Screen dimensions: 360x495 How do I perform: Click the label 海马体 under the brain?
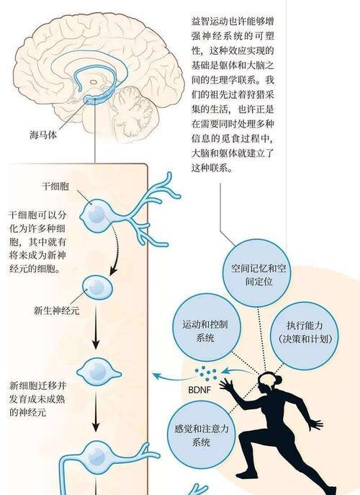pos(43,135)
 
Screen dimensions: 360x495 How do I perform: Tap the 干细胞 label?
pos(55,186)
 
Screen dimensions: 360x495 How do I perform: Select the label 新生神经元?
pos(56,311)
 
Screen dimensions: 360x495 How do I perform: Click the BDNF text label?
pos(199,390)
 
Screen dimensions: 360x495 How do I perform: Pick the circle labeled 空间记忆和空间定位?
pos(258,273)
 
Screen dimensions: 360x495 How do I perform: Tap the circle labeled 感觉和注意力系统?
pos(202,434)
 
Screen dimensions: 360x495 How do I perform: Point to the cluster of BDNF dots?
pos(206,373)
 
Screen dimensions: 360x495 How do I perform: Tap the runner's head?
pos(268,383)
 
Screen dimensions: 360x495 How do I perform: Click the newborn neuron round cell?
pos(97,287)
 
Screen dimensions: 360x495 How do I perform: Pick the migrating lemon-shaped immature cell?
pos(98,371)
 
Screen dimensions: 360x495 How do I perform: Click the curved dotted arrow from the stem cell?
pos(117,245)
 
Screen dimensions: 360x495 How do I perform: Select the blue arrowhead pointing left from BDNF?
pos(156,375)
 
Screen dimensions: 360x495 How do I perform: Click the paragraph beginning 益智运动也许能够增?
pos(233,94)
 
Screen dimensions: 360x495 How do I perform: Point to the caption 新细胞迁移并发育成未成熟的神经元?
pos(37,398)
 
